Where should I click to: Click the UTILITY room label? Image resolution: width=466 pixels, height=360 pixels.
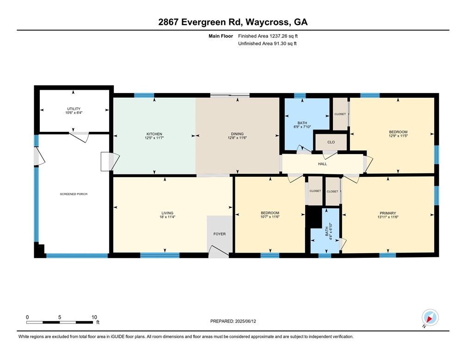pos(74,109)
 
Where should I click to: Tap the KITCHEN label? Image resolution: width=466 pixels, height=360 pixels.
pos(154,133)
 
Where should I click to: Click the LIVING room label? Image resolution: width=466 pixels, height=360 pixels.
pos(167,213)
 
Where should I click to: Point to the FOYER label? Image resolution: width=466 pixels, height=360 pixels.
pos(219,234)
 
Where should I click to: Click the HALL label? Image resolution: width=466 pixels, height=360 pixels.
pos(322,164)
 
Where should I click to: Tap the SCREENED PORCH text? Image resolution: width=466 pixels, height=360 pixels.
pos(74,194)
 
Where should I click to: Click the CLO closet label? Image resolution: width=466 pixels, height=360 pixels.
pos(331,143)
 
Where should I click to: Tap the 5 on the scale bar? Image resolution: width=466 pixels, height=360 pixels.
pos(60,317)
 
